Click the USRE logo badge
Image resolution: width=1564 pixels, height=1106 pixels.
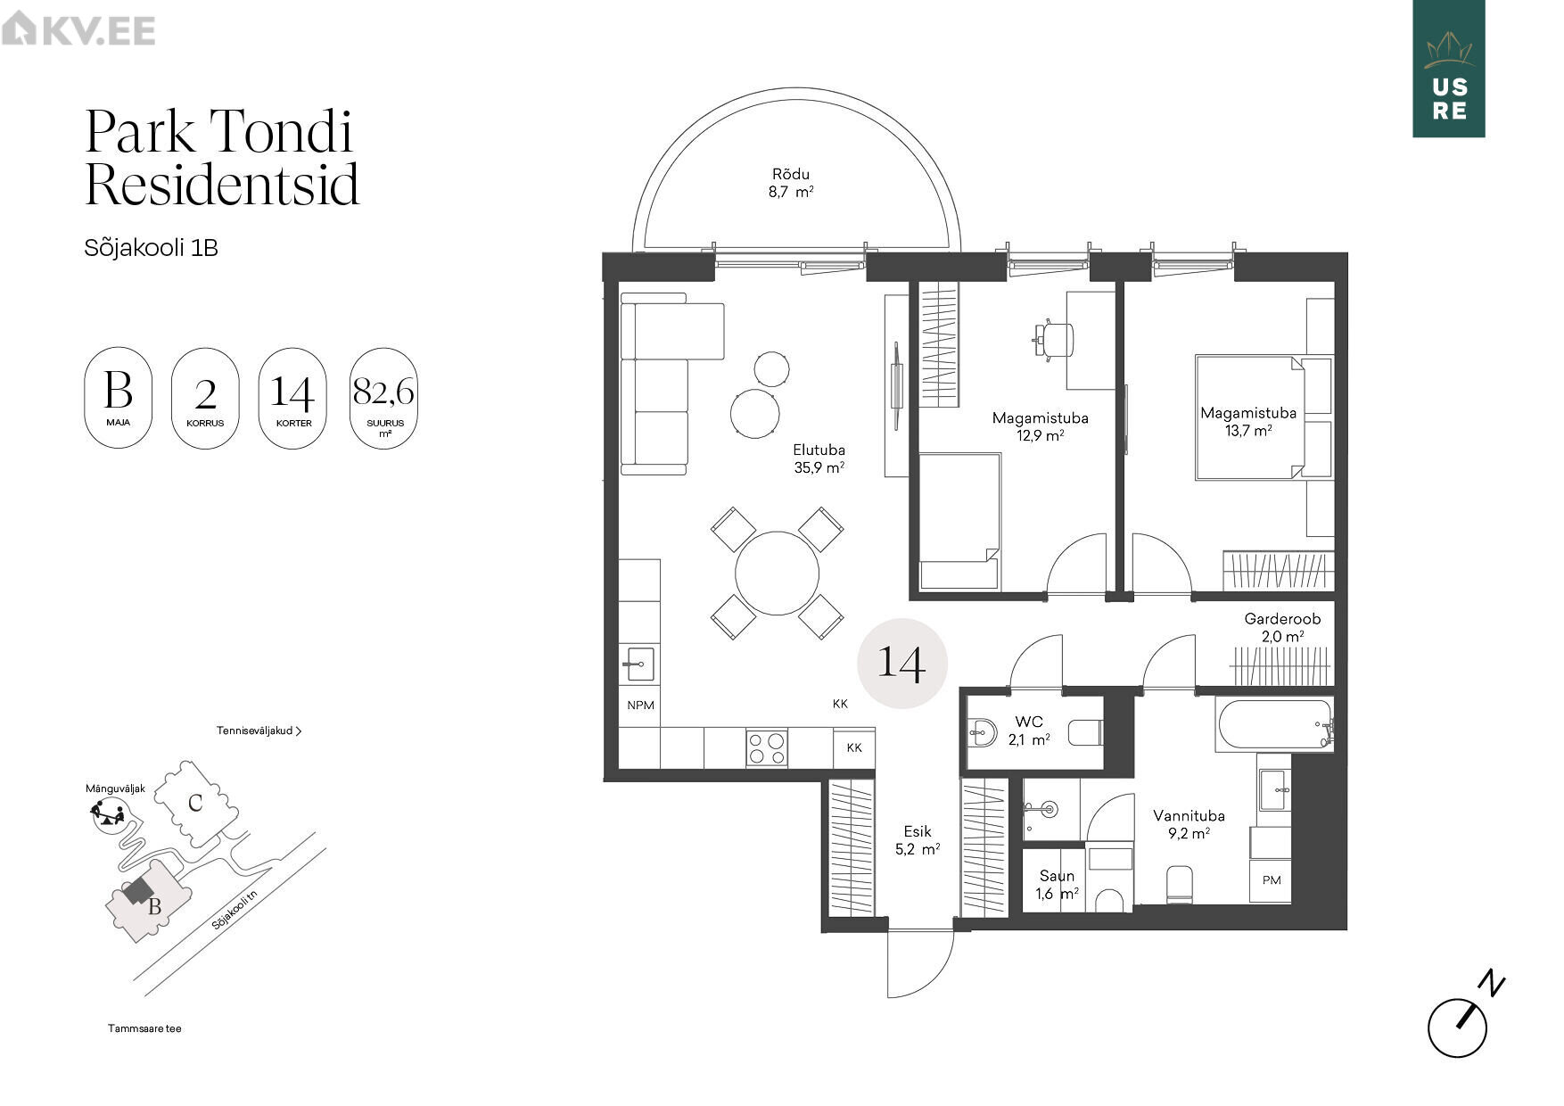[1448, 69]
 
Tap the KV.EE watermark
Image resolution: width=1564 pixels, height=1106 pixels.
[78, 30]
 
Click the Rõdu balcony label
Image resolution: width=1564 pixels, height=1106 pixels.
[791, 183]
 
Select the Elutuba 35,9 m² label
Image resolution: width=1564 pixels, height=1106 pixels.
[819, 458]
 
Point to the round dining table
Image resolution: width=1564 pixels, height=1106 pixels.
[777, 573]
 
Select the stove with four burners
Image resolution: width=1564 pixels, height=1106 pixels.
[767, 747]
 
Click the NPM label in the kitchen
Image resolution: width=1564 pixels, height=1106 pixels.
[640, 706]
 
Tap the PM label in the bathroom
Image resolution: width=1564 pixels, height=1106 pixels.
[1272, 880]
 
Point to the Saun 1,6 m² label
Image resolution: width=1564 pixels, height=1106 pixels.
[1058, 885]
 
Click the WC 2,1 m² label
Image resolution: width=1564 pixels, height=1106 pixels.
[1029, 730]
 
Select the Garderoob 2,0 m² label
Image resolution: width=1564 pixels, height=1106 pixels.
[1282, 627]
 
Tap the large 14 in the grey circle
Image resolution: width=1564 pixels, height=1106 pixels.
[901, 663]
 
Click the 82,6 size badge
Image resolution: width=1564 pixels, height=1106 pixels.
[384, 398]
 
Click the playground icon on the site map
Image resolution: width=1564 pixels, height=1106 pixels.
[108, 814]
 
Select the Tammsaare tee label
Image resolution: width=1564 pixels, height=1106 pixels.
[144, 1028]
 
